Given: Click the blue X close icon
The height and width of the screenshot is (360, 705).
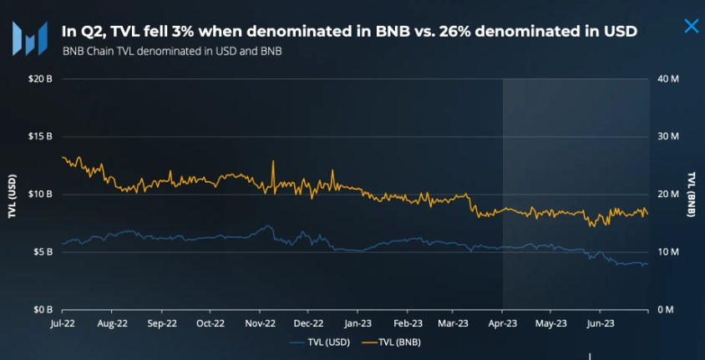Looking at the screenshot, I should click(x=691, y=26).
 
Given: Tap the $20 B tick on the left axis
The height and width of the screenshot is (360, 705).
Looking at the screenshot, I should click(x=41, y=79).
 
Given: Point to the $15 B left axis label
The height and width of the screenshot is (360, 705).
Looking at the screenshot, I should click(x=41, y=136).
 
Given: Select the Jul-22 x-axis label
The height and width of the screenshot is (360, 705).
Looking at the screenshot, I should click(x=63, y=322).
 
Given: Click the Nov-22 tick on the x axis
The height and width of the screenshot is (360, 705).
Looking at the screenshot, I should click(x=261, y=322).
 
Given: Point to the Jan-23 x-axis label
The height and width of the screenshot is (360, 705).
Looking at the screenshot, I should click(x=358, y=322).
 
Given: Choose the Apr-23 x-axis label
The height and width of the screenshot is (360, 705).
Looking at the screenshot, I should click(x=502, y=322).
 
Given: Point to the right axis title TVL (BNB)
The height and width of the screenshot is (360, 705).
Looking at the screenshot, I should click(x=692, y=195).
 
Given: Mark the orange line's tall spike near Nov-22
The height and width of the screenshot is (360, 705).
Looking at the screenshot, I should click(x=273, y=163).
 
